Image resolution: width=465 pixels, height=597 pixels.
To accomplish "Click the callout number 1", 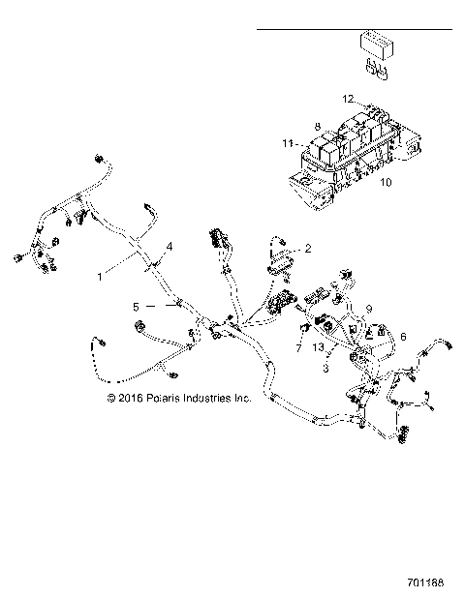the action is (x=100, y=277).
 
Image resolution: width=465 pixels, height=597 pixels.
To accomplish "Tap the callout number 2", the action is (x=308, y=249).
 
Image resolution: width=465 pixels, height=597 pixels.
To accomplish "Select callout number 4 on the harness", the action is (x=170, y=247).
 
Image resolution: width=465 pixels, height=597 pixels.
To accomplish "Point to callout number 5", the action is (x=136, y=307).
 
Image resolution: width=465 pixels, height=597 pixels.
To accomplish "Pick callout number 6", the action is (x=403, y=336).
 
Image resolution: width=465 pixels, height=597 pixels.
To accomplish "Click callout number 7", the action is (x=298, y=347).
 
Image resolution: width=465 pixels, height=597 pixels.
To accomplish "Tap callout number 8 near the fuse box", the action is (x=318, y=127).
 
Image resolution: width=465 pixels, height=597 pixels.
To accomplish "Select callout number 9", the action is (x=368, y=309).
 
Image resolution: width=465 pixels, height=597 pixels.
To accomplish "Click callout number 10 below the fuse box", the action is (x=386, y=182).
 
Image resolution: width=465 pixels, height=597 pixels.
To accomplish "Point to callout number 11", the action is (x=288, y=143).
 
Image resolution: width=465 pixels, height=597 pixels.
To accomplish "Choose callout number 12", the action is (x=348, y=99).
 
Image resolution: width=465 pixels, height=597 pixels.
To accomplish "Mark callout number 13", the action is (x=319, y=346).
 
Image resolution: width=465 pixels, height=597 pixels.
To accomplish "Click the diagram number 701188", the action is (x=425, y=582).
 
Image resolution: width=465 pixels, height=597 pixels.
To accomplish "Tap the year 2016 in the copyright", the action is (x=131, y=399).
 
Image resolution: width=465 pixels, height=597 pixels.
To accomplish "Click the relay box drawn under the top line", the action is (x=377, y=45).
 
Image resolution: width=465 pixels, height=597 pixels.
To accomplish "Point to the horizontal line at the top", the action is (x=355, y=29).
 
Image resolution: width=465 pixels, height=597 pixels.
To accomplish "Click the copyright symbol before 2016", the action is (x=111, y=399).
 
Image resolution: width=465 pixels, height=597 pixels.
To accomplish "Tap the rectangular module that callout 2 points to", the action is (x=281, y=264).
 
